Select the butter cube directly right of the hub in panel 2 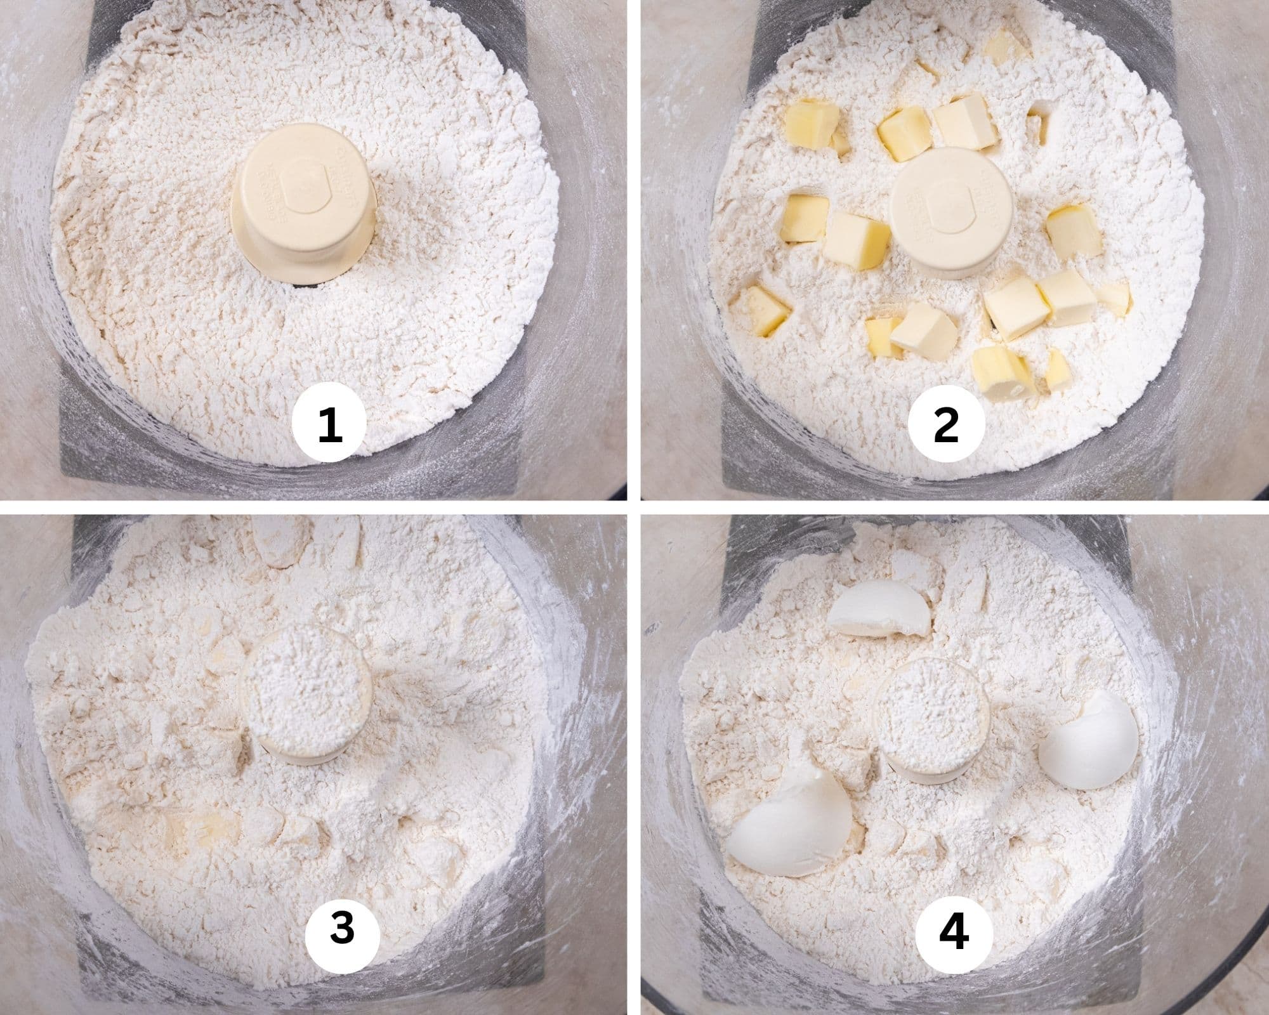click(1074, 230)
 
